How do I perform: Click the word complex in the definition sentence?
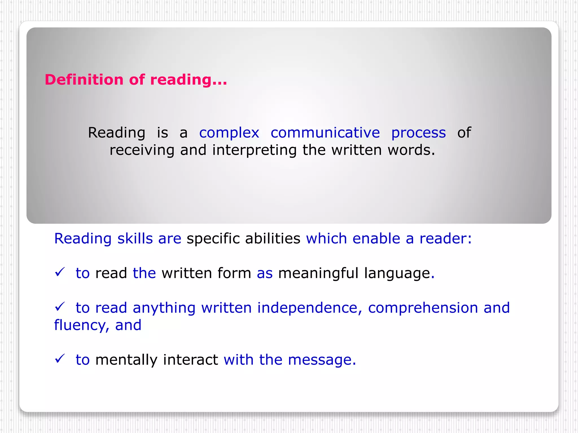[x=229, y=133]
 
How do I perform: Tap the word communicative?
[x=325, y=133]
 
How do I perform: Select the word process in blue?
[x=418, y=133]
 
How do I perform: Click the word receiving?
[x=142, y=150]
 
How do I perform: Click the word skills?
[x=135, y=239]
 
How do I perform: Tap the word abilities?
[x=273, y=239]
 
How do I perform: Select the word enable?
[x=376, y=239]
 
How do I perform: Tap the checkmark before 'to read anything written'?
[x=60, y=307]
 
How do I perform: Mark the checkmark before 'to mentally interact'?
[x=60, y=359]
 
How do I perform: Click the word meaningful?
[x=318, y=273]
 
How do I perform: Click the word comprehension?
[x=423, y=308]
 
